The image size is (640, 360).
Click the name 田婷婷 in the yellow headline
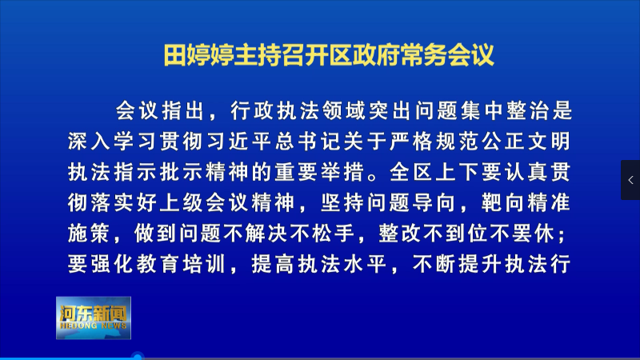pos(198,54)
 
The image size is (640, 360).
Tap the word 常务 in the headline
pos(424,54)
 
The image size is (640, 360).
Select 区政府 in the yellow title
pos(364,54)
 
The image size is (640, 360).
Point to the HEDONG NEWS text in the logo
pos(93,326)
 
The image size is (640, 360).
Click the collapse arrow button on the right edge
pos(630,180)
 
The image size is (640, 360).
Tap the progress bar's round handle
pos(138,357)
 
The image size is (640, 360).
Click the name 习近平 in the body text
pos(238,142)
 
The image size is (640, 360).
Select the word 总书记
pos(308,142)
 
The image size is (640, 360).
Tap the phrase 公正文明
pos(526,142)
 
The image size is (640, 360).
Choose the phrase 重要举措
pos(319,172)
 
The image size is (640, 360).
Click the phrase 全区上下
pos(434,172)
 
